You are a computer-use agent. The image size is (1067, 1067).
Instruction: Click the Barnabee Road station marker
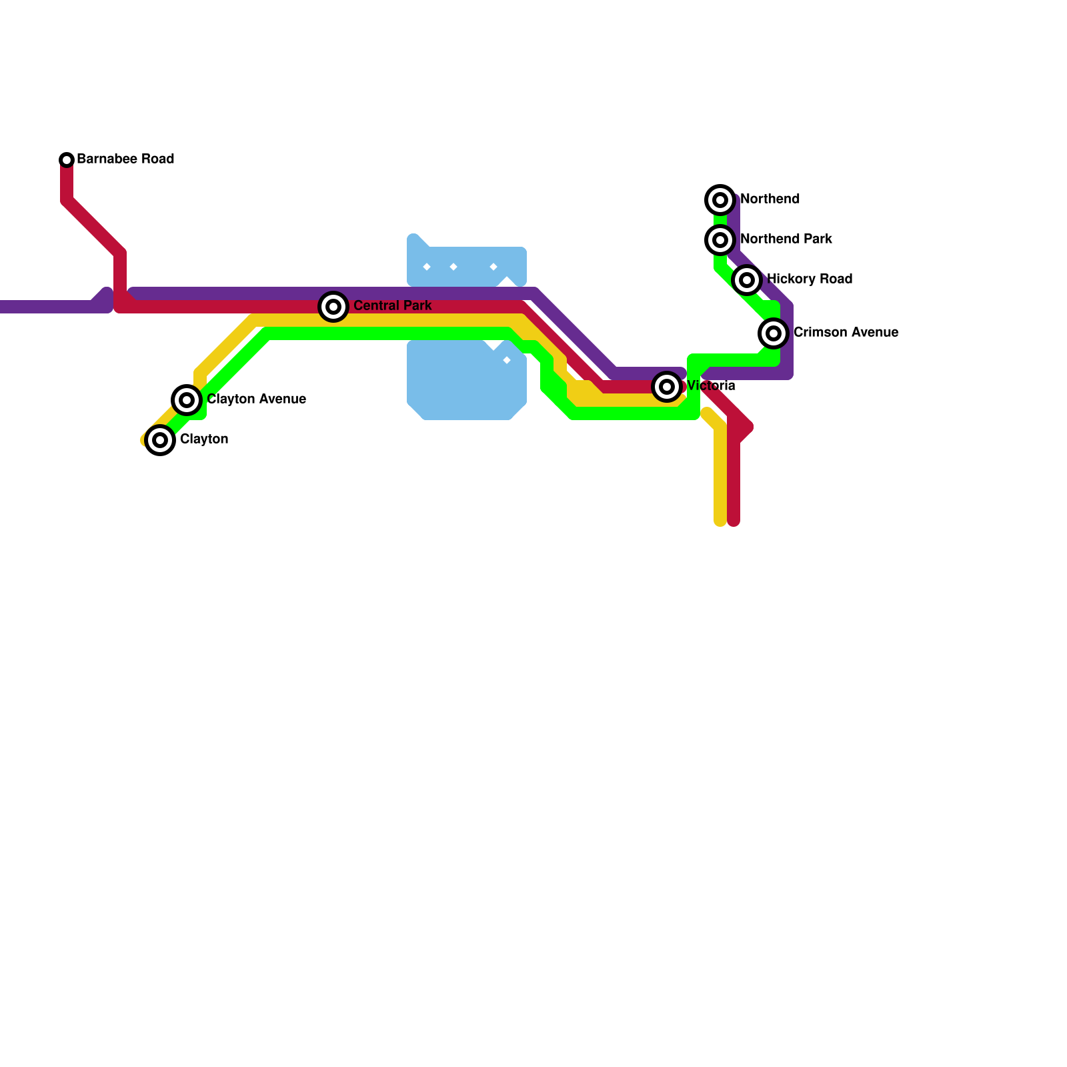[x=67, y=160]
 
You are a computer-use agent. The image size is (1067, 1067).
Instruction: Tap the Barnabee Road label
[x=125, y=159]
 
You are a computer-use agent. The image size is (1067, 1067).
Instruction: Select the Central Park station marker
[x=333, y=307]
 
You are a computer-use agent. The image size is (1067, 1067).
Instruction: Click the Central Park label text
[x=392, y=306]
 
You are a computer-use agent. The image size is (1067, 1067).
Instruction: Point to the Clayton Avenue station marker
[x=187, y=400]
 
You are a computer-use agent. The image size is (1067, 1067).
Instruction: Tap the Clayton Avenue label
[x=256, y=399]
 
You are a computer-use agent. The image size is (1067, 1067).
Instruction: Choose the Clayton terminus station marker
[x=160, y=440]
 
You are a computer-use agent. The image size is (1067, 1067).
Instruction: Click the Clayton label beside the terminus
[x=204, y=439]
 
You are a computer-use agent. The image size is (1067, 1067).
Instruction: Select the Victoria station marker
[x=667, y=387]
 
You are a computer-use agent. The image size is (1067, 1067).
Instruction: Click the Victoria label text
[x=711, y=386]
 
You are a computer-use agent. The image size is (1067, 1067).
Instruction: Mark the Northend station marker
[x=720, y=200]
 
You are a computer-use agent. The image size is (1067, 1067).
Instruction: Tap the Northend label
[x=770, y=199]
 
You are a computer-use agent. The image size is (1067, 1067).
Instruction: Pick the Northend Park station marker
[x=720, y=240]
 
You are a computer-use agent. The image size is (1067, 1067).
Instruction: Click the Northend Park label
[x=786, y=239]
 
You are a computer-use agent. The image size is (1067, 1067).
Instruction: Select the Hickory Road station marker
[x=747, y=280]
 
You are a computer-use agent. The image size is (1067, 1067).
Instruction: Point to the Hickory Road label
[x=809, y=279]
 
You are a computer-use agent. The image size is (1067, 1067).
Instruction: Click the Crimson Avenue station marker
[x=774, y=333]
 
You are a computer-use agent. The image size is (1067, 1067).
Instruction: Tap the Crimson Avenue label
[x=846, y=333]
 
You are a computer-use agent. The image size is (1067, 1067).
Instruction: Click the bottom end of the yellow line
[x=720, y=521]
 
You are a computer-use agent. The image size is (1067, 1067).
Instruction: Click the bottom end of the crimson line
[x=734, y=521]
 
